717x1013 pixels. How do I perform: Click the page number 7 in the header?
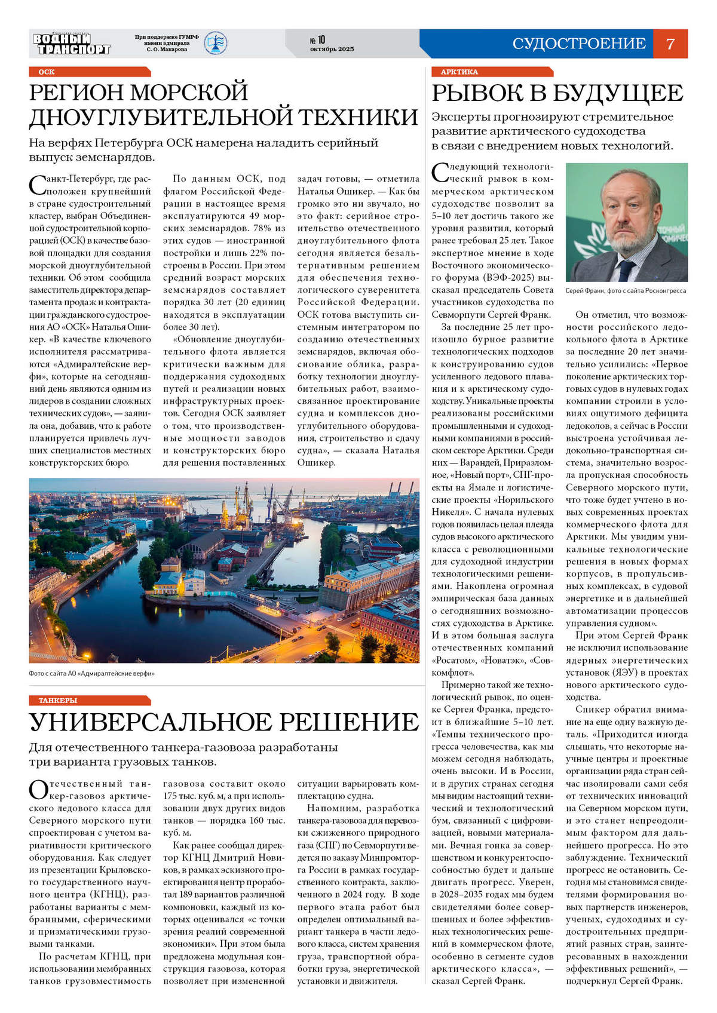(670, 44)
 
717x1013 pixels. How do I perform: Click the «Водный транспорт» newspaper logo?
(72, 44)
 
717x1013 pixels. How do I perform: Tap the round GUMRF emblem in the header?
(215, 43)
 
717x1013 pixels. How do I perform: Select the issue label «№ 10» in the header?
(317, 39)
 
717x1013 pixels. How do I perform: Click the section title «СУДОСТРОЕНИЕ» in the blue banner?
(578, 44)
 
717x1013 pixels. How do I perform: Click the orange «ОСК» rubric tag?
(47, 72)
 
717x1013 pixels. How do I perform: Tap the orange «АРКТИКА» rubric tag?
(459, 72)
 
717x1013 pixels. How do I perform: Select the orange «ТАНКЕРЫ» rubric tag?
(58, 700)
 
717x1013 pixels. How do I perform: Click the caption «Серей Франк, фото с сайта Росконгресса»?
(626, 291)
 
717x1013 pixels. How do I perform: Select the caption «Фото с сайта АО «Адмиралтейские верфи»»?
(91, 673)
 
